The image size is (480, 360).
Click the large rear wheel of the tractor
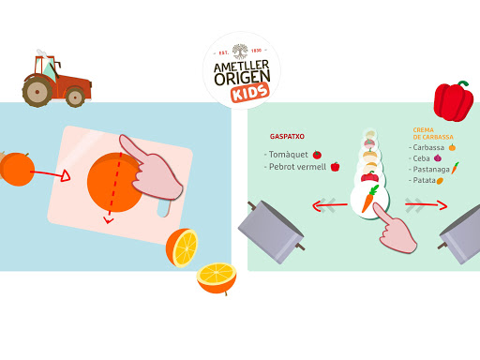(x=37, y=92)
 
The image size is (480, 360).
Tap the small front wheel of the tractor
(x=75, y=97)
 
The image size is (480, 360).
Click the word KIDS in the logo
(x=250, y=93)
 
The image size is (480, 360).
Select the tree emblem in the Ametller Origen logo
(x=240, y=52)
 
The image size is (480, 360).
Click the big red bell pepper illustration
(x=454, y=101)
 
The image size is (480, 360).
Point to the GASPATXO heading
(x=287, y=137)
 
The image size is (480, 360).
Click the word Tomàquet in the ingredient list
(x=289, y=155)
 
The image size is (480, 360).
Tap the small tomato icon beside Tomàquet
(x=317, y=155)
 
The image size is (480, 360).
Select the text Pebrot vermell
(x=297, y=167)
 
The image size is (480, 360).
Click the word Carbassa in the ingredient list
(x=428, y=147)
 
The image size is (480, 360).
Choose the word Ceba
(x=421, y=158)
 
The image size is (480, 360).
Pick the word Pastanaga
(x=431, y=170)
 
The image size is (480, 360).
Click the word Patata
(x=424, y=180)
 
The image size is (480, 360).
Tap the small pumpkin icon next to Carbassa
(x=452, y=147)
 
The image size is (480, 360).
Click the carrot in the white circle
(x=370, y=199)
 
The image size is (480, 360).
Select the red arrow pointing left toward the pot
(x=330, y=205)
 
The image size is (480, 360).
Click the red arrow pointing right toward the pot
(x=426, y=205)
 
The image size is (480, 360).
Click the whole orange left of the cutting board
(x=18, y=169)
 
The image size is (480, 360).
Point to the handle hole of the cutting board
(x=163, y=208)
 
